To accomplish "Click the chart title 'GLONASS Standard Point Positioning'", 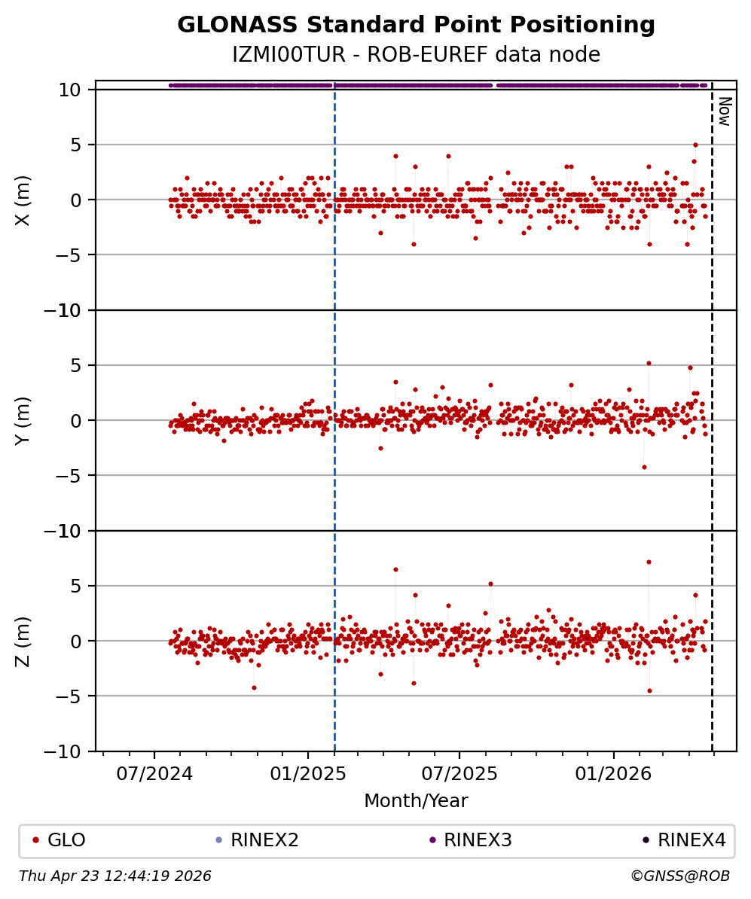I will tap(416, 26).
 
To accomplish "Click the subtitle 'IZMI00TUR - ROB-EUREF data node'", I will tap(416, 55).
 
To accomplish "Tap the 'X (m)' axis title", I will tap(23, 200).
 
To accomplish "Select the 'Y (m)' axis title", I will tap(23, 420).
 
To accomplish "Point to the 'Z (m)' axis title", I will tap(23, 641).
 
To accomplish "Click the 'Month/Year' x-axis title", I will tap(416, 801).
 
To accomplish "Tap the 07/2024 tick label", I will tap(154, 773).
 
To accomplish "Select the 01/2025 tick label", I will tap(307, 773).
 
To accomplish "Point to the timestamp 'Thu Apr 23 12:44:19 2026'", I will tap(115, 876).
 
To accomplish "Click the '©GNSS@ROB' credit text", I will tap(679, 876).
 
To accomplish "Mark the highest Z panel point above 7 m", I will tap(649, 562).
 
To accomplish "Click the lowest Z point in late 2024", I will tap(254, 687).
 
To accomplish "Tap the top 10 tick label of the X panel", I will tap(71, 90).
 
